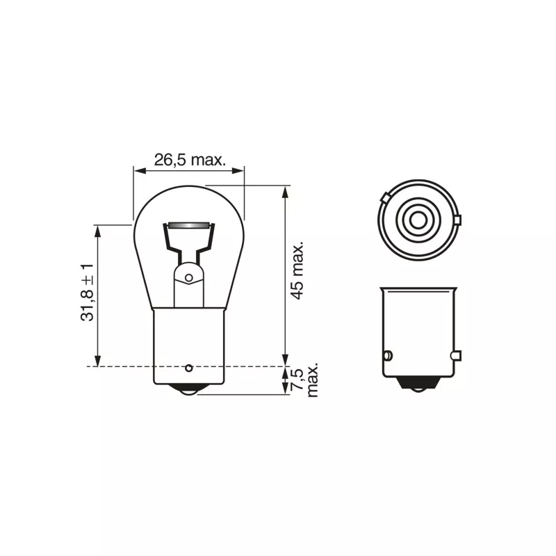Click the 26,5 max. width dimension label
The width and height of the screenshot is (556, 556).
[x=190, y=161]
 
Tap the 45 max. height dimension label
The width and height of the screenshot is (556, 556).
[x=297, y=270]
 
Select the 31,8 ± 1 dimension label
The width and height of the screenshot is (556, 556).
[x=88, y=293]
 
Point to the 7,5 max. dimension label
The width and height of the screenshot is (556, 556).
[x=304, y=379]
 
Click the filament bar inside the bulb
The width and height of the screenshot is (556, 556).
[x=188, y=226]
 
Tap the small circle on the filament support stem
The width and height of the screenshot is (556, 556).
[x=189, y=277]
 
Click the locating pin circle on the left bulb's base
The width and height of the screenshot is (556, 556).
[x=189, y=368]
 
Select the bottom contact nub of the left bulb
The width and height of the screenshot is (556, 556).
[x=189, y=390]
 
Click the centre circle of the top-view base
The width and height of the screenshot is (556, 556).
[x=418, y=220]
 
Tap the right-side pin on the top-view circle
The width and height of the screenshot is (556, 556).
[x=457, y=220]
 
